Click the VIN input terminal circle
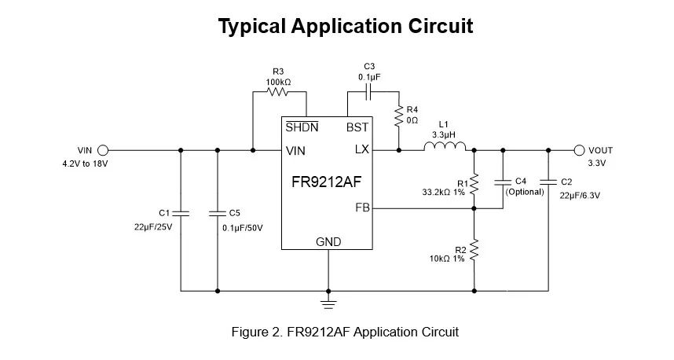[x=102, y=150]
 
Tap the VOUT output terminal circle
[x=580, y=150]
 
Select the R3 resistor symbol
[x=278, y=92]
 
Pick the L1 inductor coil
[x=445, y=146]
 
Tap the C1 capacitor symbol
[x=181, y=212]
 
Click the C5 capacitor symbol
[x=217, y=212]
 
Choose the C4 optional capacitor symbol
[x=502, y=182]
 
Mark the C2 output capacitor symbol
[x=548, y=182]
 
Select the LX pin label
[x=361, y=150]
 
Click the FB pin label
[x=362, y=208]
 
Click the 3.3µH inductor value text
[x=444, y=135]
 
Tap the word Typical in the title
[x=251, y=27]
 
